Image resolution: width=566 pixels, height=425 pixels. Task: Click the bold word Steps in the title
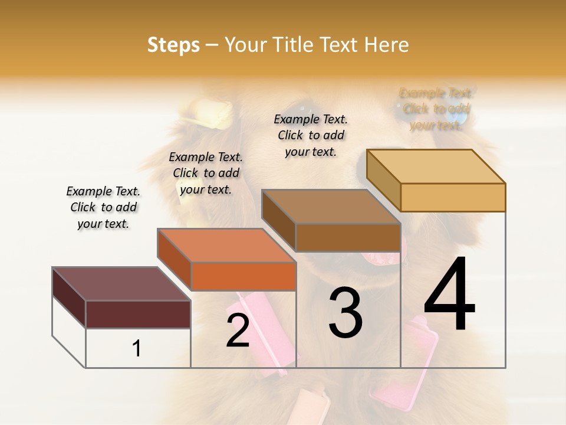coord(173,45)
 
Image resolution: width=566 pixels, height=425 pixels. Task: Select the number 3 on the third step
coord(345,313)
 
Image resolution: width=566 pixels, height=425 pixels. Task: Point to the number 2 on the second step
coord(238,331)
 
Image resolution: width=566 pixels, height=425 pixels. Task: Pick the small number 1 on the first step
coord(136,348)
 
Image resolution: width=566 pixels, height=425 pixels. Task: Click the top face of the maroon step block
coord(121,284)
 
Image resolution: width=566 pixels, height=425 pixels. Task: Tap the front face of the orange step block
coord(243,276)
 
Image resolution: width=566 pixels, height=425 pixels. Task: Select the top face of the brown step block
coord(330,207)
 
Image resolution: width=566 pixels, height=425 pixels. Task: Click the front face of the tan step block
coord(453,197)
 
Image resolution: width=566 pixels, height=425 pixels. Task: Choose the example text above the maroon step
coord(103,207)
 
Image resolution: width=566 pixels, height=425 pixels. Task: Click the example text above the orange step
coord(206,173)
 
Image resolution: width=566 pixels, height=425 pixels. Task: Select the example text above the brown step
coord(311,135)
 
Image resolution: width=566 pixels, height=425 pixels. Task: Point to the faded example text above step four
coord(436,109)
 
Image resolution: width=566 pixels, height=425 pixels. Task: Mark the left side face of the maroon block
coord(69,297)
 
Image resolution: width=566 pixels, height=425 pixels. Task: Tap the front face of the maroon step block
coord(138,314)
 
